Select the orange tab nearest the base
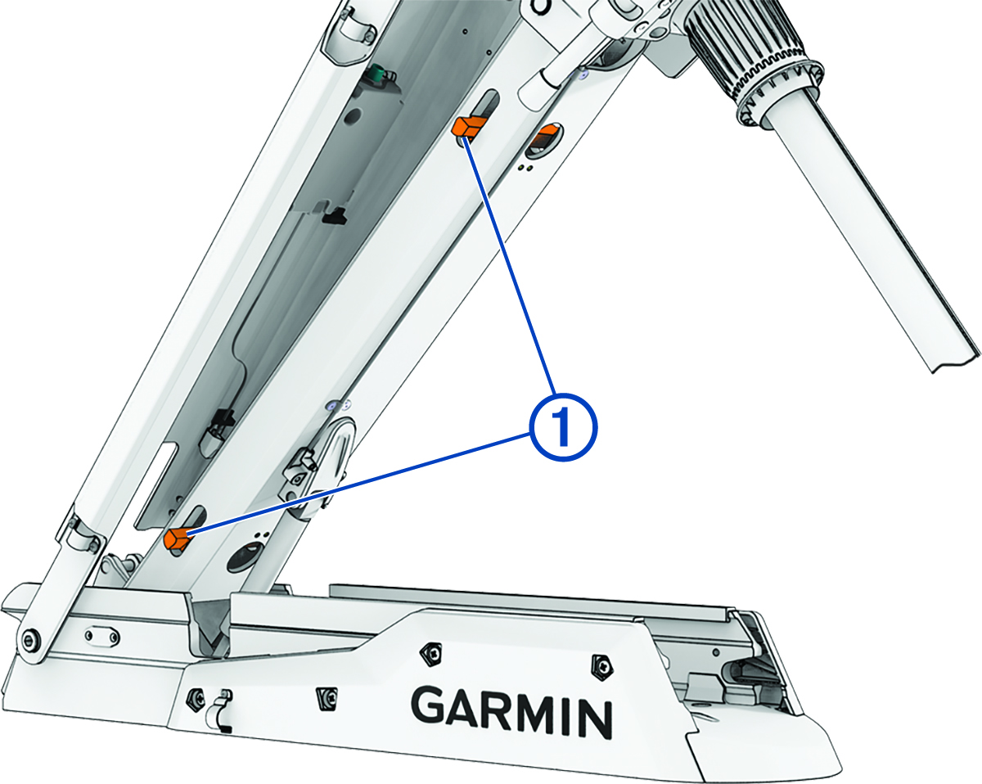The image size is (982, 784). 177,538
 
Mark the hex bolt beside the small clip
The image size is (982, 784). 196,697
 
